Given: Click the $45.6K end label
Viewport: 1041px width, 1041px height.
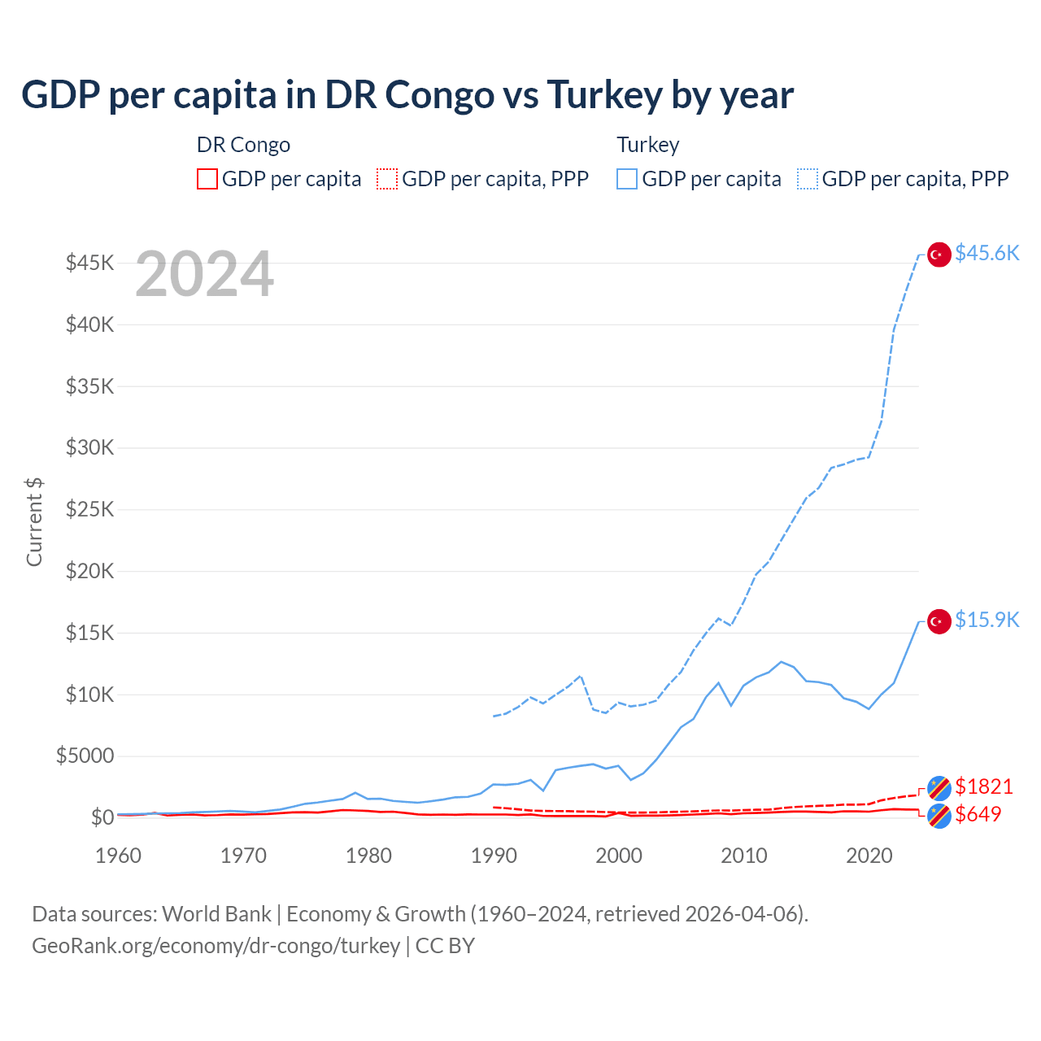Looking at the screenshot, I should click(987, 253).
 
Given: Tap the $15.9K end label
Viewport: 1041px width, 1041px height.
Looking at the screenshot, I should click(987, 620).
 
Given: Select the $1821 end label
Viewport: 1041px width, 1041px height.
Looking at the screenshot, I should click(983, 786).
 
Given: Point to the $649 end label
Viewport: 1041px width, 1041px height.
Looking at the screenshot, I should click(978, 814).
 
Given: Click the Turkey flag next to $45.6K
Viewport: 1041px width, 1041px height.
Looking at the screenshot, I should click(939, 255).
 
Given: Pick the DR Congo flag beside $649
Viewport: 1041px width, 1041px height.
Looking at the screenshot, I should click(939, 816).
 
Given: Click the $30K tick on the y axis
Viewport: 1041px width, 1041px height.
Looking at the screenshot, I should click(90, 447).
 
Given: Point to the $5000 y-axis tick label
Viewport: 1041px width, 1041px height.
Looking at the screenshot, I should click(85, 756).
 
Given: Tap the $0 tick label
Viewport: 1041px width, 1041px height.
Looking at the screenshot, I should click(102, 817).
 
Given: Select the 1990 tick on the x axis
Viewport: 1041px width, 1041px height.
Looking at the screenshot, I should click(494, 856).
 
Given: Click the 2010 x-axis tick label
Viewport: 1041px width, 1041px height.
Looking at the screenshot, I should click(744, 856).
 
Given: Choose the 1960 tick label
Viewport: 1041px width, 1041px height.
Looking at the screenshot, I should click(119, 856).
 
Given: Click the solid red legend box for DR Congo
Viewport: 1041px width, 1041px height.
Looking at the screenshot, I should click(207, 179).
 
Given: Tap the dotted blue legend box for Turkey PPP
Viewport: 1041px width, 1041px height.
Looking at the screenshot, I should click(808, 179).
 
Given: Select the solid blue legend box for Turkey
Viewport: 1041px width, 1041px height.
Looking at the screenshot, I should click(627, 179).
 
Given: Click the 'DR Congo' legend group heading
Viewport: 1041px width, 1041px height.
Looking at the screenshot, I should click(243, 145).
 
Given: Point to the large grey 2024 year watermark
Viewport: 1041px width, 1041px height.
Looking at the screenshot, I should click(204, 275).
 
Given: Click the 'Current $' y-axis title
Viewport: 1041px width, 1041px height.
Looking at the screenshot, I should click(34, 521).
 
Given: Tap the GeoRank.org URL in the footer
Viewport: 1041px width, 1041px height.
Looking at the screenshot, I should click(216, 946).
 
